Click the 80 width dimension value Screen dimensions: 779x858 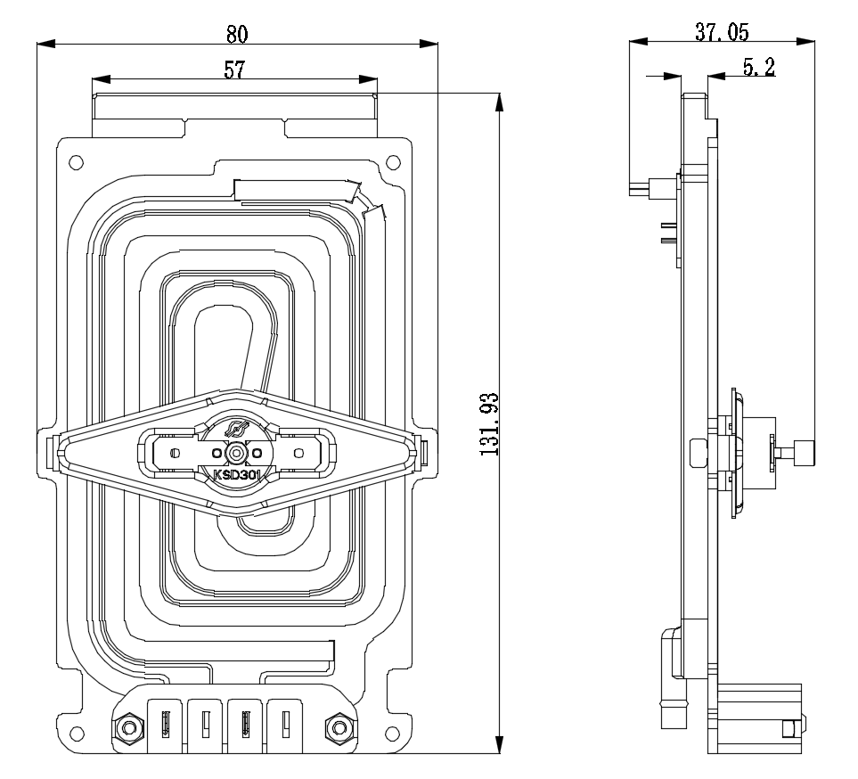coord(236,33)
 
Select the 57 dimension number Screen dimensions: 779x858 coord(234,70)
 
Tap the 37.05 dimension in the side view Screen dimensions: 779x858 coord(722,32)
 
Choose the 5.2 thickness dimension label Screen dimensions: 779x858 coord(757,67)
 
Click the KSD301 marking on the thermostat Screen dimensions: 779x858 coord(236,474)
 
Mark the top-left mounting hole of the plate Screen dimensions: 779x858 coord(76,162)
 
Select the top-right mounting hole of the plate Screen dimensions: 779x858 coord(393,162)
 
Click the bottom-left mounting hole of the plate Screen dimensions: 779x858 coord(76,734)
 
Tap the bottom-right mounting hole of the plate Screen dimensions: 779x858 coord(393,734)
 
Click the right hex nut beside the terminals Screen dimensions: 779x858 coord(337,728)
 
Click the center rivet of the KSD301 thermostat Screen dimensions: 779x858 coord(235,453)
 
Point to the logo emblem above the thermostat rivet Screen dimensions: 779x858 coord(235,430)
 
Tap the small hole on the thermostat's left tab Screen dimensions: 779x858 coord(175,453)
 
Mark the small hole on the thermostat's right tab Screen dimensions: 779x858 coord(297,453)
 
